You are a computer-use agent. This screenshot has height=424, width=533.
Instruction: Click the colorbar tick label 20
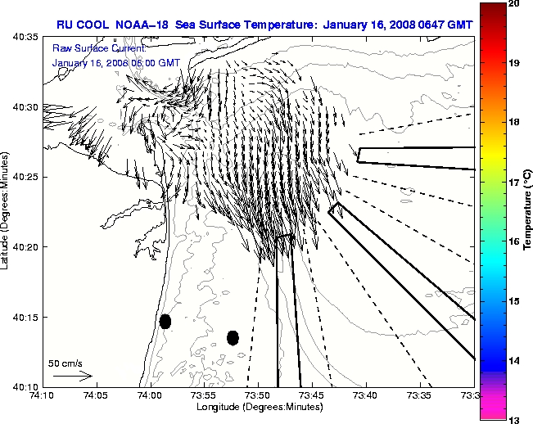[x=515, y=4]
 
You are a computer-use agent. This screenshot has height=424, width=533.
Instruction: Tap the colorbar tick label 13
[x=515, y=419]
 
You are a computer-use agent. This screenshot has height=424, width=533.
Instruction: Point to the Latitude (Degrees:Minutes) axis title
[x=7, y=211]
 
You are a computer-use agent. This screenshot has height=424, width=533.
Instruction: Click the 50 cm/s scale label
[x=65, y=363]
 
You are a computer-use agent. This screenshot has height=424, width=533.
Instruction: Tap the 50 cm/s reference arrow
[x=72, y=376]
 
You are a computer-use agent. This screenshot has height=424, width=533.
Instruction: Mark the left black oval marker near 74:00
[x=165, y=321]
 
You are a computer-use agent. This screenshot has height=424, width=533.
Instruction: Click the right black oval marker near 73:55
[x=233, y=337]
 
